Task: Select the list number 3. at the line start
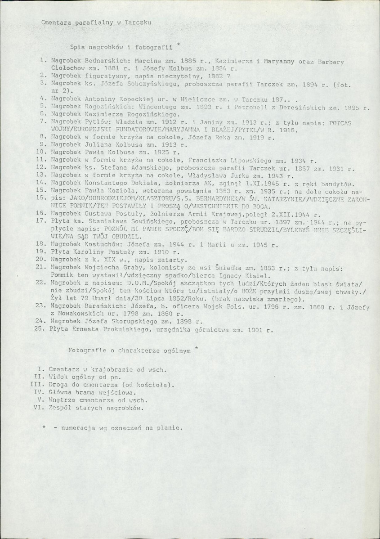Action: pyautogui.click(x=44, y=83)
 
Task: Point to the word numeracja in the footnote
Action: pyautogui.click(x=71, y=428)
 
